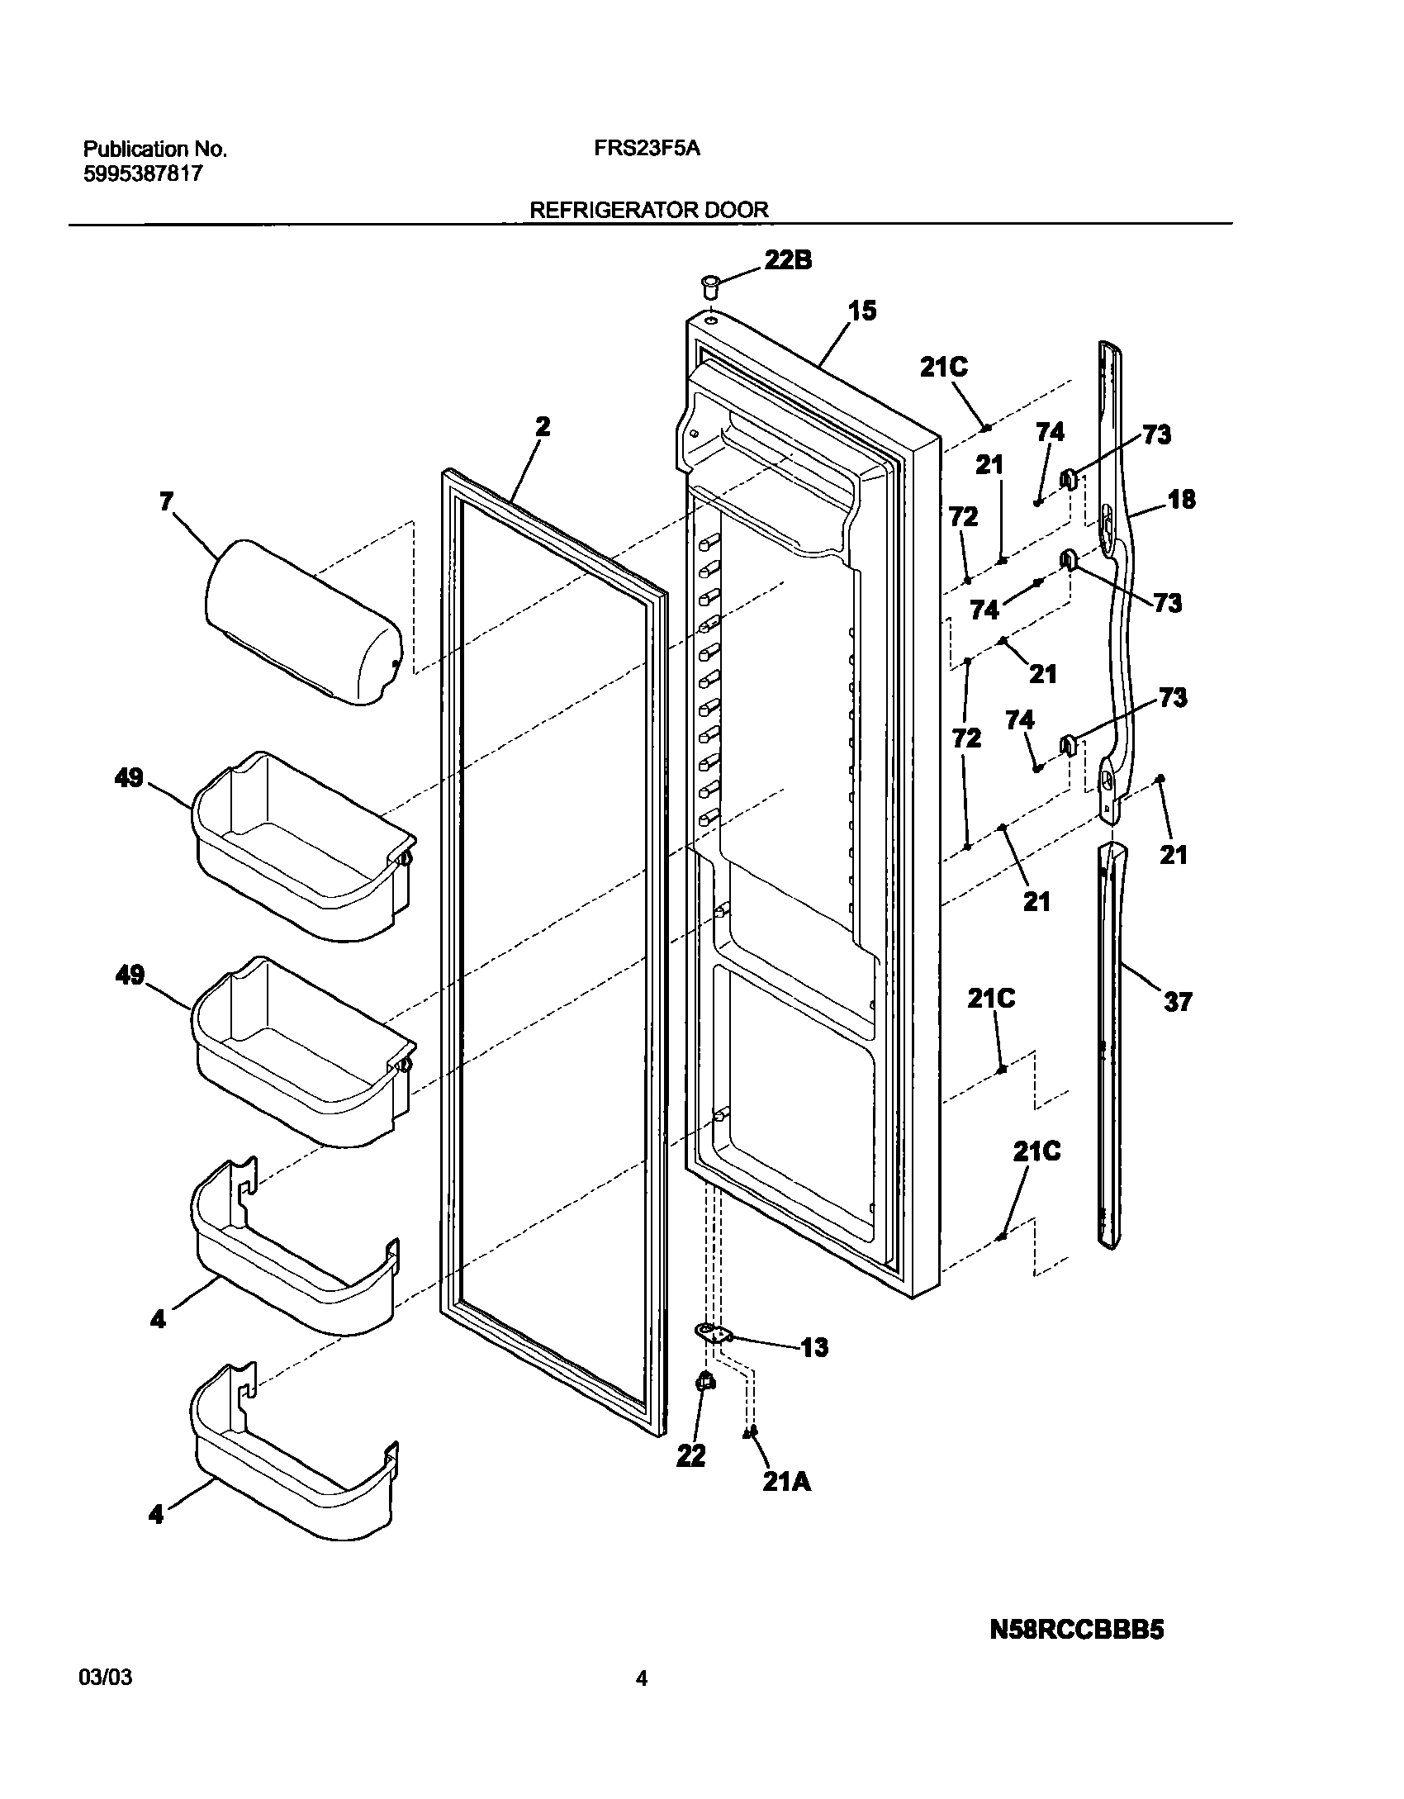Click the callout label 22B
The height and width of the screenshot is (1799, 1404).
pos(787,260)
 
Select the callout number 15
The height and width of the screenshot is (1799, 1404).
pos(861,311)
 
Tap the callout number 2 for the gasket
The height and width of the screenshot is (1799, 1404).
pos(542,426)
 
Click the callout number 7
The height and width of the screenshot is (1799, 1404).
pos(167,501)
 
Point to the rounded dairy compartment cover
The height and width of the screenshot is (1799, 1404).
pos(303,621)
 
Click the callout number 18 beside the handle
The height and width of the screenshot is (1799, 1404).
pos(1182,499)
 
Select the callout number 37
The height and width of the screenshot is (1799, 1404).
pos(1178,1002)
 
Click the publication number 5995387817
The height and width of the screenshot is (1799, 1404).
pos(143,174)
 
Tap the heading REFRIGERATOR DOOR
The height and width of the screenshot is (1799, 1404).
pos(648,210)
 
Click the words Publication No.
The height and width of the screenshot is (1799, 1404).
pos(154,150)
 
